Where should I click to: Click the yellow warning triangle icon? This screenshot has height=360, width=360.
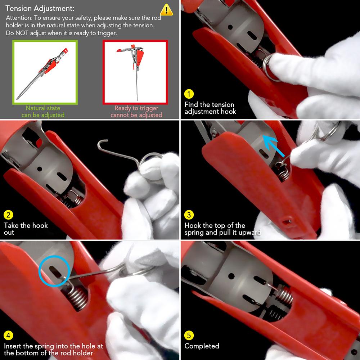tap(166, 10)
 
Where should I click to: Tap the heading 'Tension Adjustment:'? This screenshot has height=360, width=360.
tap(40, 9)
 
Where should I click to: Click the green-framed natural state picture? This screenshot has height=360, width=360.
tap(45, 72)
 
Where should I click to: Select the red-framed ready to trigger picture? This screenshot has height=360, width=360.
tap(135, 72)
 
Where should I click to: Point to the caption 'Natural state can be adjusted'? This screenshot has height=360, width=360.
tap(43, 111)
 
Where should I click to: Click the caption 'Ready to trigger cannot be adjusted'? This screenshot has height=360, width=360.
tap(136, 111)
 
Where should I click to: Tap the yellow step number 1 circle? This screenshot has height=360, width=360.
tap(189, 94)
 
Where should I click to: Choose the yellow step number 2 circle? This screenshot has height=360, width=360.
tap(8, 215)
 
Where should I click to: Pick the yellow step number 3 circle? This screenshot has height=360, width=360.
tap(189, 215)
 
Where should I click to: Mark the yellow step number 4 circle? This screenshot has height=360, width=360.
tap(8, 336)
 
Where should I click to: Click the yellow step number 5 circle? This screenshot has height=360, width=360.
tap(189, 336)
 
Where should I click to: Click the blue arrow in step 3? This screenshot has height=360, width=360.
tap(274, 145)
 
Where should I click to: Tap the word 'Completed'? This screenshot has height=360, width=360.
tap(202, 346)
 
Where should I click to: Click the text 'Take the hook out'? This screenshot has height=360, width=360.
tap(26, 229)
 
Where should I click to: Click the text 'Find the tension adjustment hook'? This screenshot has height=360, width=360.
tap(210, 108)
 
